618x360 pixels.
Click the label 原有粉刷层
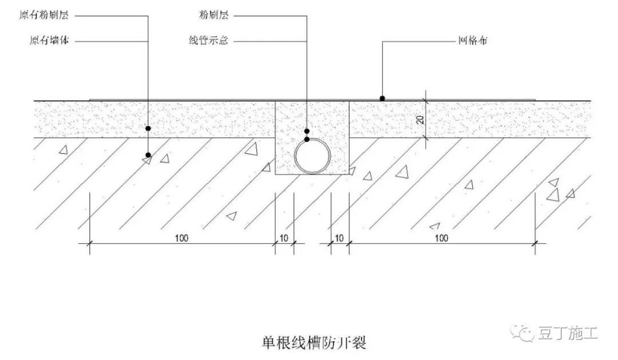coord(43,15)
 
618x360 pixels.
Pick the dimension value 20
coord(419,118)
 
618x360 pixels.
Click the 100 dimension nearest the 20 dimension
coord(441,237)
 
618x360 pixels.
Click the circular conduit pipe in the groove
coord(312,156)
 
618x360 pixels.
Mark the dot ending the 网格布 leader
coord(382,98)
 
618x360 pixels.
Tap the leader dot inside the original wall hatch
coord(148,155)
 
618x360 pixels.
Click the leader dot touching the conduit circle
coord(307,139)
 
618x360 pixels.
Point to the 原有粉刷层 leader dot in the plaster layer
coord(148,129)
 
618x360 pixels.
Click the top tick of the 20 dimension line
coord(425,101)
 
